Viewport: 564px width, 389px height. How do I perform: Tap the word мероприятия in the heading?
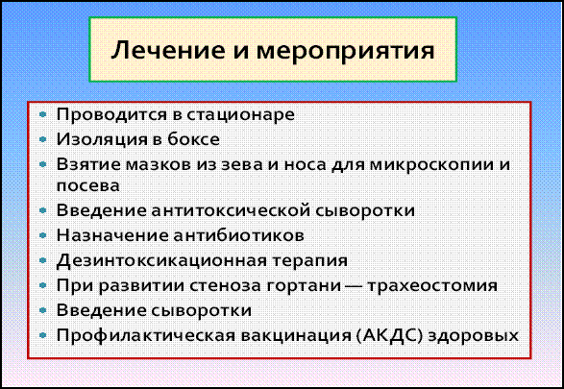point(345,53)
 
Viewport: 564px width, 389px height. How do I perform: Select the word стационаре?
point(241,115)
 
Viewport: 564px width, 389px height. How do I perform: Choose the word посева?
point(88,186)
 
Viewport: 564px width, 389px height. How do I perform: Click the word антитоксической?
point(231,211)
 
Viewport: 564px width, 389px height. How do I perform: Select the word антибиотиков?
point(238,236)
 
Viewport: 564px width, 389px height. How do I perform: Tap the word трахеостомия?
point(432,286)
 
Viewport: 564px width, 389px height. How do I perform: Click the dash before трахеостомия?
point(354,286)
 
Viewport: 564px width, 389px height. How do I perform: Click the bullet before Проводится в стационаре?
point(43,115)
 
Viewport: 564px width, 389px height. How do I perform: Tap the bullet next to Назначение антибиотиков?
point(43,236)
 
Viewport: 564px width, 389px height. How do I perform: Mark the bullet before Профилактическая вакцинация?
point(43,335)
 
